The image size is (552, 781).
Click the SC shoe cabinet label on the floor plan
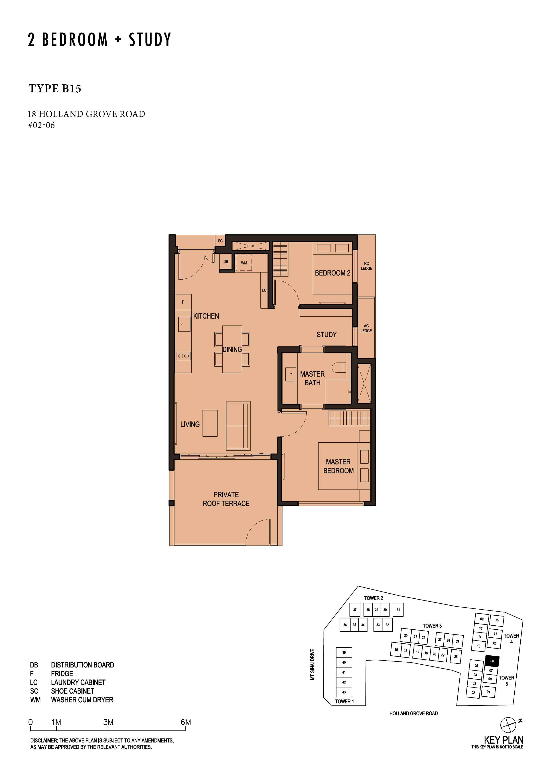(220, 241)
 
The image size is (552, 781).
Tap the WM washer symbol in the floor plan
(244, 263)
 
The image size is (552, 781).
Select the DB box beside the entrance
(226, 262)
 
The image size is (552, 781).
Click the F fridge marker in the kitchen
(183, 302)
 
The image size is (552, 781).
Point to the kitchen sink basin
(184, 324)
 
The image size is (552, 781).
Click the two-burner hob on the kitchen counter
(184, 356)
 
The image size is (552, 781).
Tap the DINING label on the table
(232, 349)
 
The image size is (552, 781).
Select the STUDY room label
(327, 335)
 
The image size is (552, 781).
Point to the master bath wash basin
(291, 374)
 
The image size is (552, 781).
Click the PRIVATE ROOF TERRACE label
(226, 499)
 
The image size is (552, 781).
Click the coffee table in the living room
(210, 423)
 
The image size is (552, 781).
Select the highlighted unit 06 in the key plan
(492, 661)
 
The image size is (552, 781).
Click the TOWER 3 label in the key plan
(432, 626)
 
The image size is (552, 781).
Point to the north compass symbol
(508, 724)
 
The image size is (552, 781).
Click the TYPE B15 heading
(55, 89)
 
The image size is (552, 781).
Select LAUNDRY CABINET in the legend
(78, 682)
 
